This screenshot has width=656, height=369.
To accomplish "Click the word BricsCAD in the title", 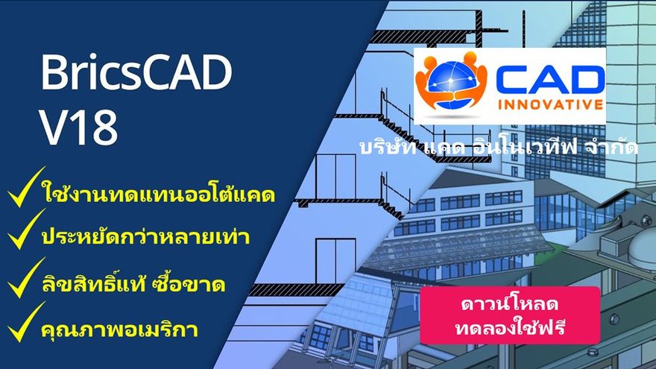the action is click(136, 72).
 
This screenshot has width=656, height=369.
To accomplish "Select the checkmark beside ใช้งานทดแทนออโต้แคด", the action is click(26, 187).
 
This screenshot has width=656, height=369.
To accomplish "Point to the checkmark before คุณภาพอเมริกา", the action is click(26, 322).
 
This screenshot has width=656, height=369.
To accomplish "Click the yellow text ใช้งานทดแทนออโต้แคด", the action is click(158, 195).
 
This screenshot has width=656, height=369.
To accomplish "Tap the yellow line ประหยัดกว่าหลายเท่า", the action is click(145, 236).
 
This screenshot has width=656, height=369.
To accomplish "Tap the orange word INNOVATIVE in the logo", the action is click(551, 104).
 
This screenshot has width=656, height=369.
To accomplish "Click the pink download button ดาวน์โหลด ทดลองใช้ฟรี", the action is click(510, 315).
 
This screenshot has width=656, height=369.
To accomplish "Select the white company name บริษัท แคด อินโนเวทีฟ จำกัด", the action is click(499, 148).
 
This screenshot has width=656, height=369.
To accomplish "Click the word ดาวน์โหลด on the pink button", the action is click(510, 303).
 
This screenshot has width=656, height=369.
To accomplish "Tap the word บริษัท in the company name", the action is click(388, 148).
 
